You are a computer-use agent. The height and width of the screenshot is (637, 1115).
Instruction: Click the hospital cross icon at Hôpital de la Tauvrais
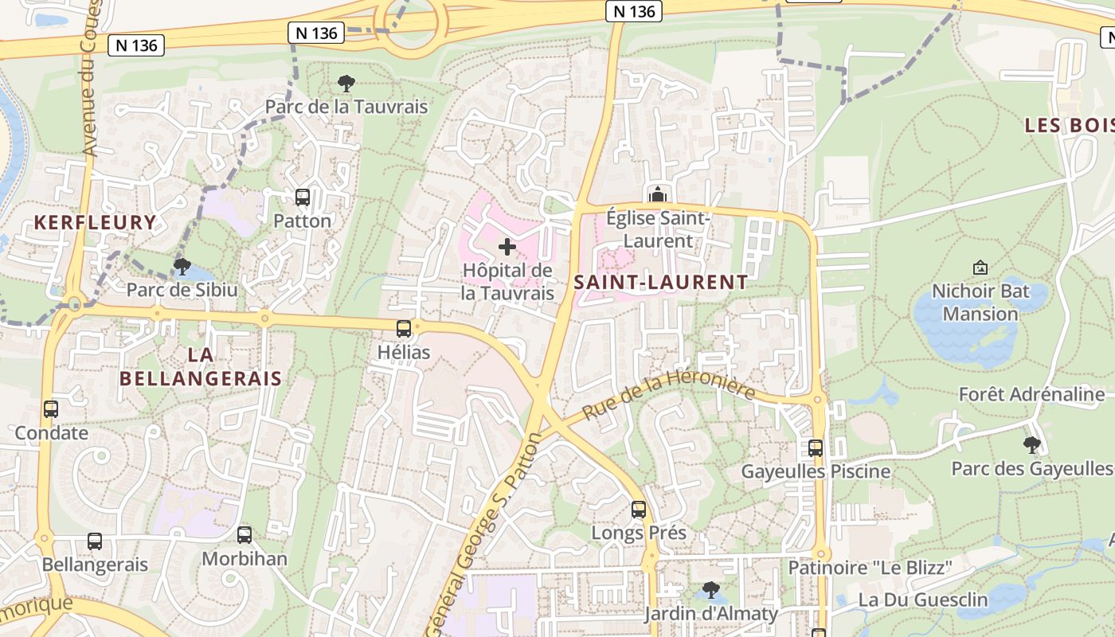[x=507, y=247]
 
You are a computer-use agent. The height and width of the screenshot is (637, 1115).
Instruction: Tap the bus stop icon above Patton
[x=303, y=197]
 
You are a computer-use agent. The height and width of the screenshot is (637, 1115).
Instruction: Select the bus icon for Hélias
[x=404, y=328]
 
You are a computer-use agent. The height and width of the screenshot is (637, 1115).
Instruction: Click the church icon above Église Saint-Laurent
[x=658, y=193]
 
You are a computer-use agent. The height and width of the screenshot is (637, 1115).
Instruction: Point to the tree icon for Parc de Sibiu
[x=182, y=266]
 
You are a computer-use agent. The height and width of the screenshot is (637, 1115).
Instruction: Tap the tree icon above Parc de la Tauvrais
[x=346, y=83]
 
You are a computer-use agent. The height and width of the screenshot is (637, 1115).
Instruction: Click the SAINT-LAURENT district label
[x=661, y=282]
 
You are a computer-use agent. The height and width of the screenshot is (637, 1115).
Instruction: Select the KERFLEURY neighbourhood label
[x=95, y=222]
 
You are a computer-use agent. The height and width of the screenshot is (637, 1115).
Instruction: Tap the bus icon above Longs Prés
[x=639, y=509]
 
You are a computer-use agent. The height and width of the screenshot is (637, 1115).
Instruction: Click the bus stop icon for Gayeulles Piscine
[x=816, y=447]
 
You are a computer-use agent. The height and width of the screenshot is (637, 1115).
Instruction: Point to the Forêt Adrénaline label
[x=1031, y=394]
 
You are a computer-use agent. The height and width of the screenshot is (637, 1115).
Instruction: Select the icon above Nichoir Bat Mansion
[x=980, y=268]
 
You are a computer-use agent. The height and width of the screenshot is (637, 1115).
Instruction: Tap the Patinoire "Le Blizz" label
[x=870, y=568]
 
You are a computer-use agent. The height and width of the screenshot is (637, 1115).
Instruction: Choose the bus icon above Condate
[x=51, y=409]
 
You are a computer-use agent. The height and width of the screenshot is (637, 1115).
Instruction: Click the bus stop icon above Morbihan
[x=245, y=535]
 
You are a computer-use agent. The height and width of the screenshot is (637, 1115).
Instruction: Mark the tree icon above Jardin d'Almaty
[x=711, y=590]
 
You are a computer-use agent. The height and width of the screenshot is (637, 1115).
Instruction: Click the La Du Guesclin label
[x=922, y=600]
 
